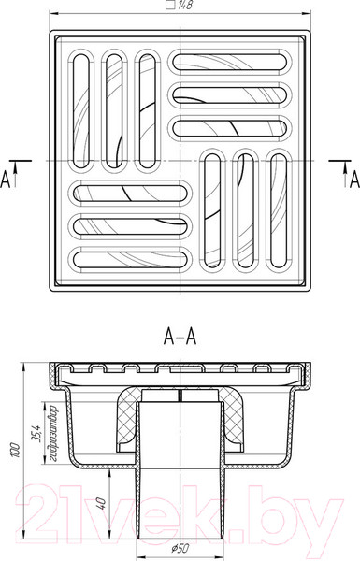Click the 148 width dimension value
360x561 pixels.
click(x=185, y=6)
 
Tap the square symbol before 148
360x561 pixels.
click(x=171, y=6)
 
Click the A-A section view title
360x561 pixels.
click(x=180, y=337)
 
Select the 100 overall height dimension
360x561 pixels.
click(x=15, y=453)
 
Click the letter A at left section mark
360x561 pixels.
click(x=5, y=180)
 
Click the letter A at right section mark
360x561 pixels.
click(x=354, y=180)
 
